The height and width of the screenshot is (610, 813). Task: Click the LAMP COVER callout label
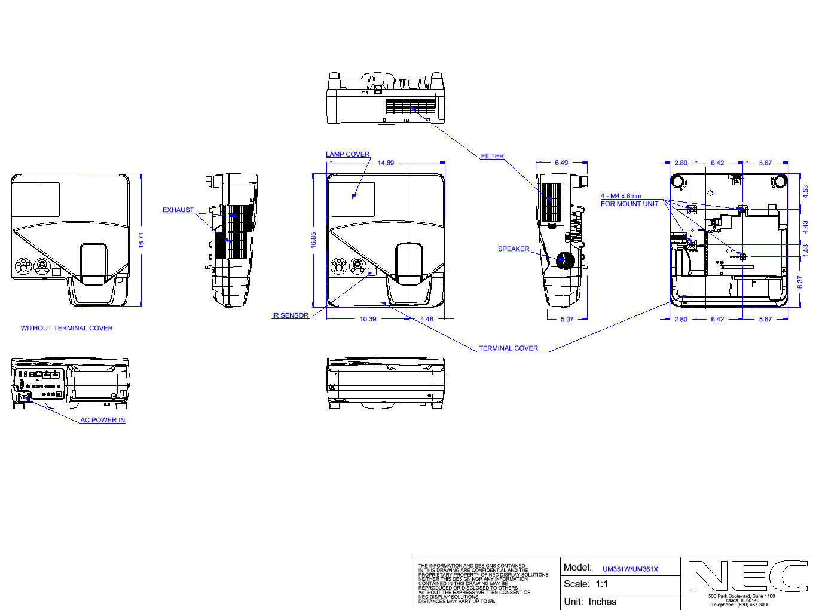coord(347,154)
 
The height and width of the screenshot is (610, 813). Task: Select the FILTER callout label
coord(493,156)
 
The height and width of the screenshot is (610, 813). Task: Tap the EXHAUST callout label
coord(178,210)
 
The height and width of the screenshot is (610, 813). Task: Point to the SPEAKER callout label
coord(514,249)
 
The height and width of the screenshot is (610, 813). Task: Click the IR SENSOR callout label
coord(290,315)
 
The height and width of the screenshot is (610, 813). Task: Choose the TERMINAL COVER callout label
coord(508,348)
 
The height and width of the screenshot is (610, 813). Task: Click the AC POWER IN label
coord(103,420)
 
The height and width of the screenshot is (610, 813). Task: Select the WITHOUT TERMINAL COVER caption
coord(67,328)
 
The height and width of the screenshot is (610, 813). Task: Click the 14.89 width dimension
coord(386,163)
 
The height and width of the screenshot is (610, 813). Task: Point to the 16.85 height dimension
coord(313,240)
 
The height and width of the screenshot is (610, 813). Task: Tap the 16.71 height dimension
coord(141,240)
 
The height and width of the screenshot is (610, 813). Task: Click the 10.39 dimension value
coord(368,319)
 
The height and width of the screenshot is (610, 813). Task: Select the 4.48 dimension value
coord(427,319)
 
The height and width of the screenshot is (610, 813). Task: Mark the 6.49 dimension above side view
coord(561,163)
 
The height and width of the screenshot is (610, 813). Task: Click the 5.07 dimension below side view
coord(567,319)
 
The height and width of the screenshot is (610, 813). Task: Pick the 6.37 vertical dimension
coord(800,282)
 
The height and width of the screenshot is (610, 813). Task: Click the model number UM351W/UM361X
coord(630,569)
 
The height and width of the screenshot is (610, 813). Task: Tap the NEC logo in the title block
coord(747,576)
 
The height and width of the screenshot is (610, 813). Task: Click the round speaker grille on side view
coord(565,260)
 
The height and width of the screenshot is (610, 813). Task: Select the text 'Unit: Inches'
coord(590,602)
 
